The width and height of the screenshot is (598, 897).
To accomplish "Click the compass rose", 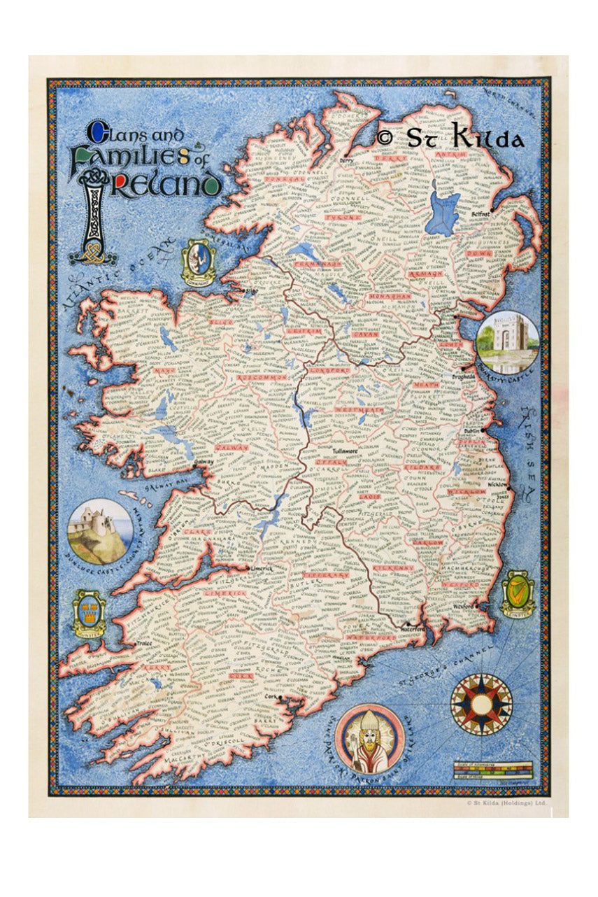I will pos(480,704).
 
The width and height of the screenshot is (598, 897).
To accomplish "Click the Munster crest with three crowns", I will pos(90,613).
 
